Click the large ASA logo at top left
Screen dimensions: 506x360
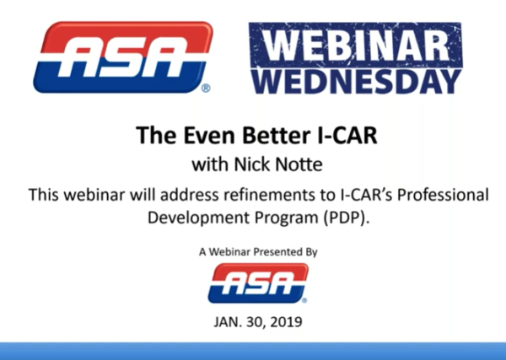point(123,57)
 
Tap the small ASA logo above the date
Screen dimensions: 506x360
point(258,283)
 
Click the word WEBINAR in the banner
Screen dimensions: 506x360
point(356,46)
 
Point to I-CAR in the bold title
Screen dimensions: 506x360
point(346,135)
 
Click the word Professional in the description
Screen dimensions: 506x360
point(443,195)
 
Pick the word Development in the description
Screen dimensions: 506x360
point(198,218)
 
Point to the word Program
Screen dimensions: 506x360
point(287,218)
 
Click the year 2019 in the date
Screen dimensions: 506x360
point(286,322)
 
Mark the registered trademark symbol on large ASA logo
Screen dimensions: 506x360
point(206,88)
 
